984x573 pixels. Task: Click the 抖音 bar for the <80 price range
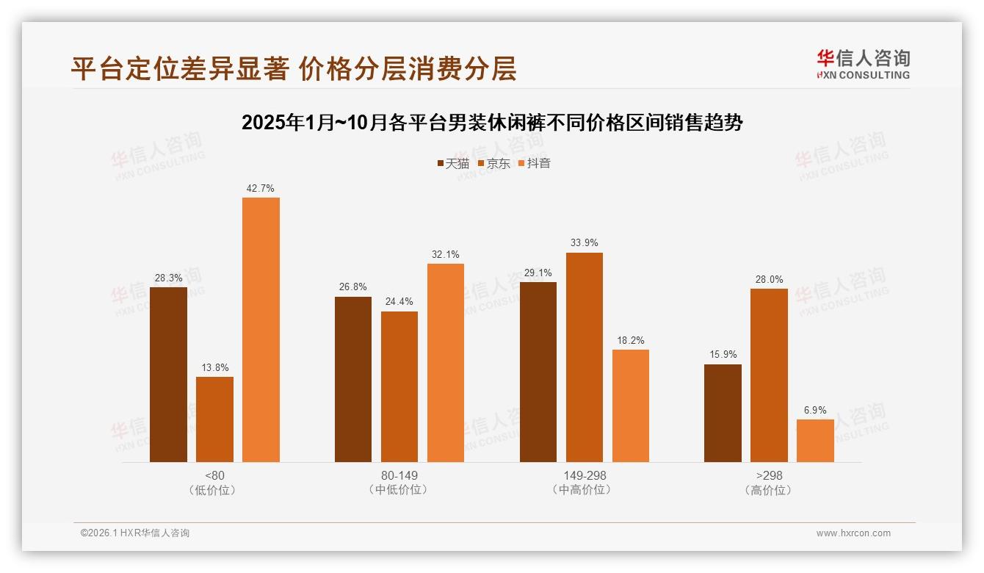tap(261, 330)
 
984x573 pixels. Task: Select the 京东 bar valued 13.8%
tap(214, 419)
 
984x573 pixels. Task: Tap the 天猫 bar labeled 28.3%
tap(168, 375)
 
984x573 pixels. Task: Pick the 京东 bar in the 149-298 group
tap(584, 357)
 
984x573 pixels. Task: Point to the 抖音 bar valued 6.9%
tap(815, 441)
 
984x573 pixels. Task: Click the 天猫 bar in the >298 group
tap(723, 413)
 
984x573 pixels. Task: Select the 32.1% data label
tap(446, 255)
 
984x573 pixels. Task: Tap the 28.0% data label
tap(769, 280)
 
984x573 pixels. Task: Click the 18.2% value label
tap(631, 341)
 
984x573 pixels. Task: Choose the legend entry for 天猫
tap(454, 164)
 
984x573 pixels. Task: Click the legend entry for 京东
tap(494, 164)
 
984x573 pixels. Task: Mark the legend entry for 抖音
tap(535, 164)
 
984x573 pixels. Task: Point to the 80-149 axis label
tap(399, 475)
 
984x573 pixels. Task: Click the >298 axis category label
tap(769, 475)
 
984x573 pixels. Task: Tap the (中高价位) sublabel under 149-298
tap(584, 490)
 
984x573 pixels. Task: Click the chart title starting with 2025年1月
tap(492, 123)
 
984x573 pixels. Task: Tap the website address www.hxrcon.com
tap(853, 533)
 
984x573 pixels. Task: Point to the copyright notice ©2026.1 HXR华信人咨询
tap(135, 533)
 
